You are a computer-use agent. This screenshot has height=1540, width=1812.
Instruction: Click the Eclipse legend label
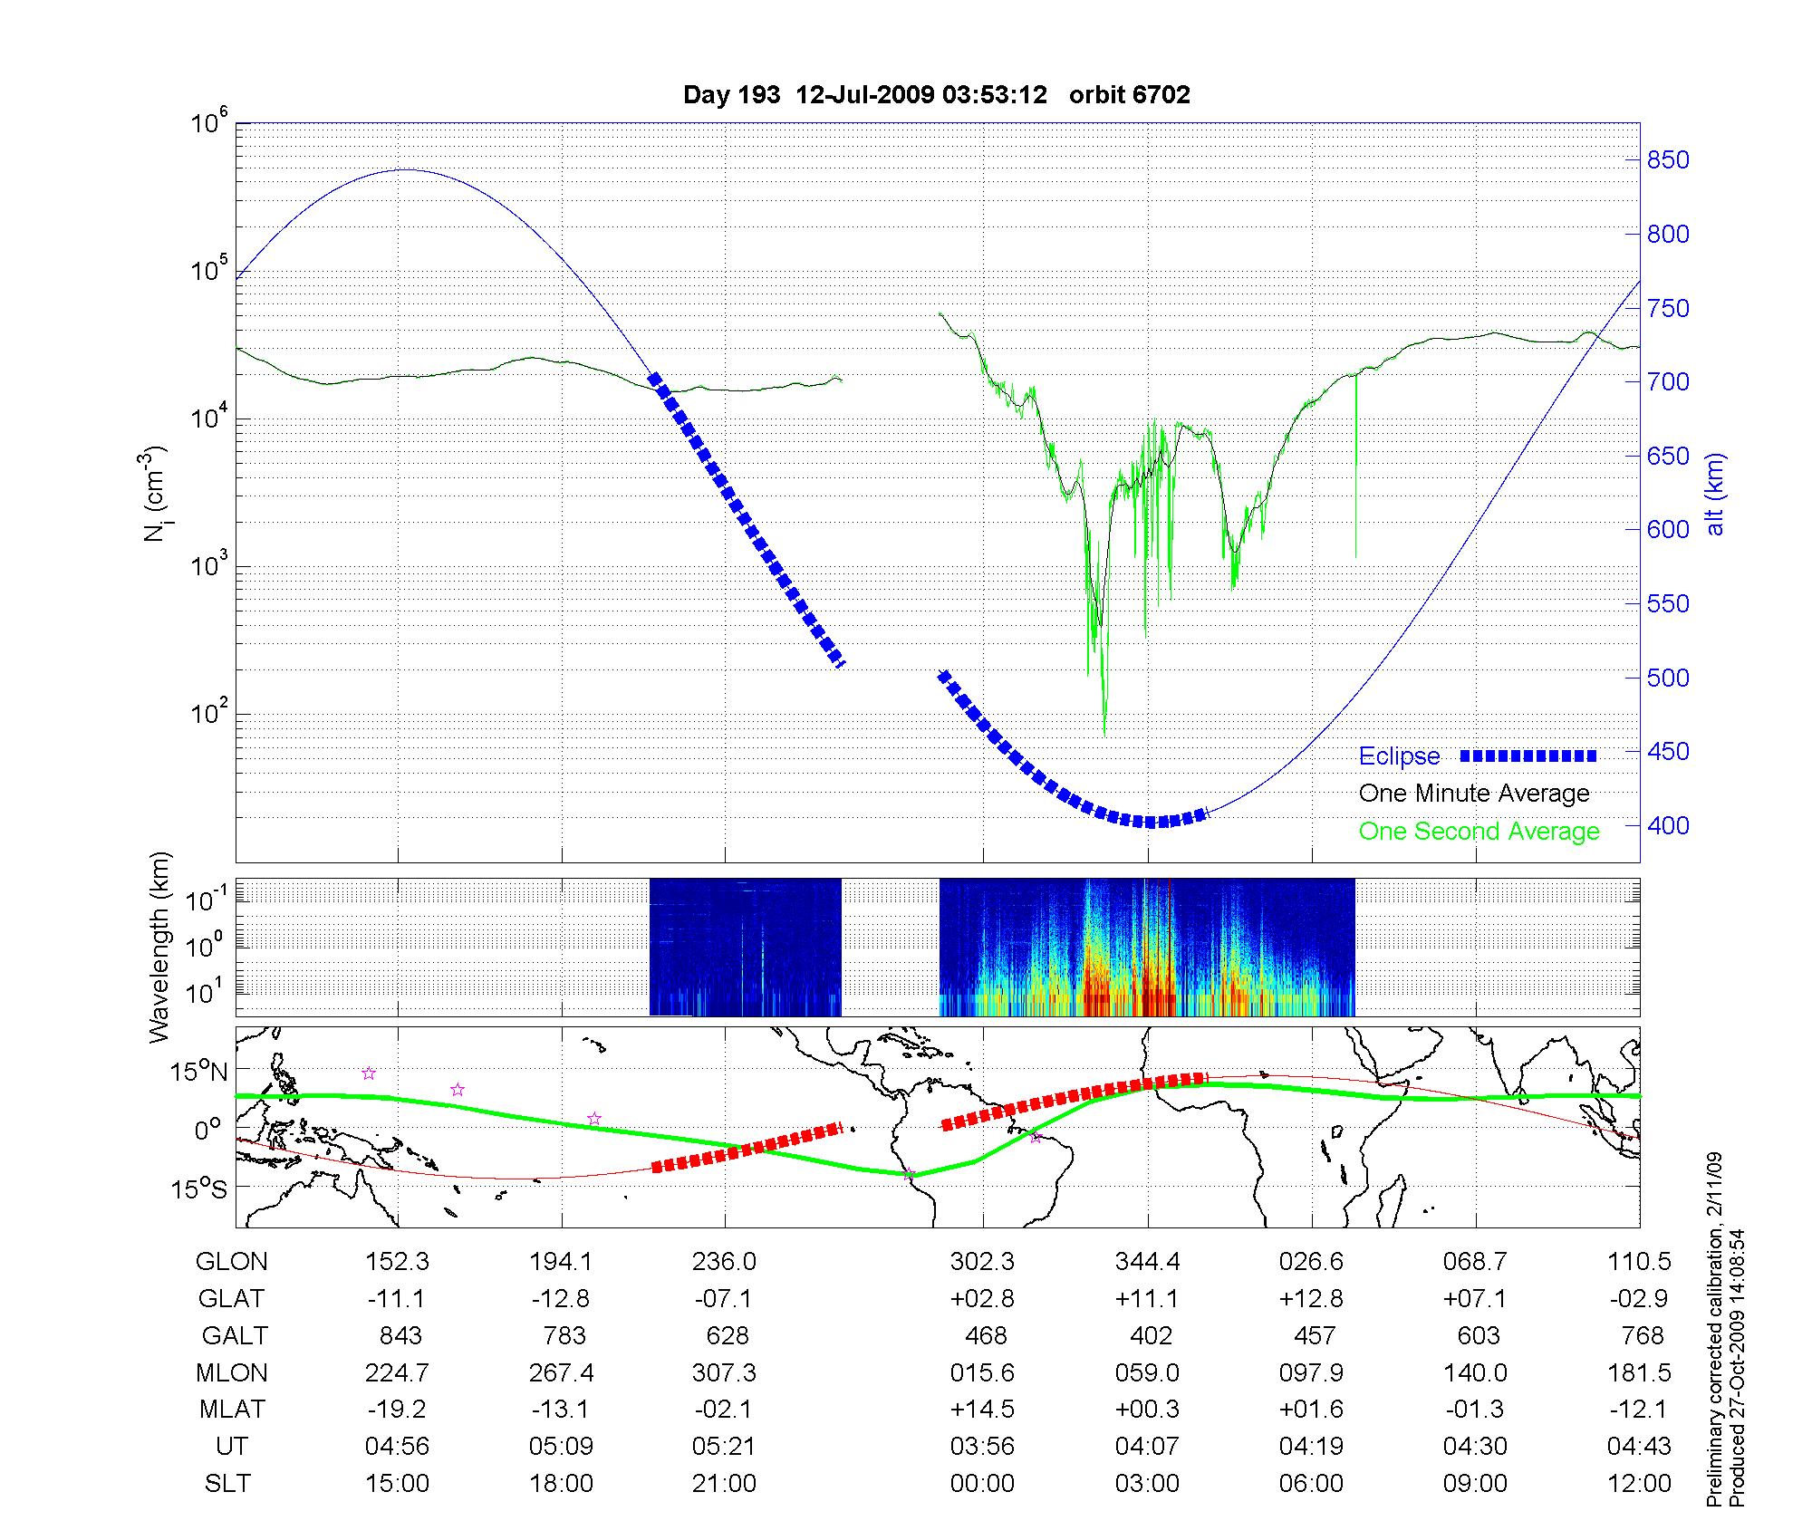(x=1399, y=756)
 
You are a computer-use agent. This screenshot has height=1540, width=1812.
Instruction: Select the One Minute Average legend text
(x=1474, y=794)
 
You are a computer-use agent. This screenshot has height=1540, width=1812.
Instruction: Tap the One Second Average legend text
(x=1479, y=832)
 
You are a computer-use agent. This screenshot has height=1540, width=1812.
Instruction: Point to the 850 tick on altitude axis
(x=1668, y=160)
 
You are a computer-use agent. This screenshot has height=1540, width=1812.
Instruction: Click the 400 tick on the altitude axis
(x=1668, y=825)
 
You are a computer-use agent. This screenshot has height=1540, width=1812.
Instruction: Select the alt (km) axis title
(x=1715, y=494)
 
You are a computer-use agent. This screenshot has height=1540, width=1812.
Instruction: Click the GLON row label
(x=231, y=1262)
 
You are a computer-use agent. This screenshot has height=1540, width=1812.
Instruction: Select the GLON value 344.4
(x=1147, y=1262)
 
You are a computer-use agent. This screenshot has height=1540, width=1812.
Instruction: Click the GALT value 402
(x=1151, y=1336)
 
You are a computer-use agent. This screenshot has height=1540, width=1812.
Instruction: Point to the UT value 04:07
(x=1147, y=1447)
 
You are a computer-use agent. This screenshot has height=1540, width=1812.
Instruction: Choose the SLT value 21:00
(x=724, y=1484)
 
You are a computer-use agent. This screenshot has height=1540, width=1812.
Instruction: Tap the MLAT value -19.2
(x=397, y=1410)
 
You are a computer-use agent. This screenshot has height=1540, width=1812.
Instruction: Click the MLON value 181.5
(x=1639, y=1373)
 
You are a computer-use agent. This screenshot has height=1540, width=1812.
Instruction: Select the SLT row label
(x=227, y=1484)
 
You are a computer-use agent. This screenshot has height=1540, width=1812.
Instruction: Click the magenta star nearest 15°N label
(x=369, y=1073)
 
